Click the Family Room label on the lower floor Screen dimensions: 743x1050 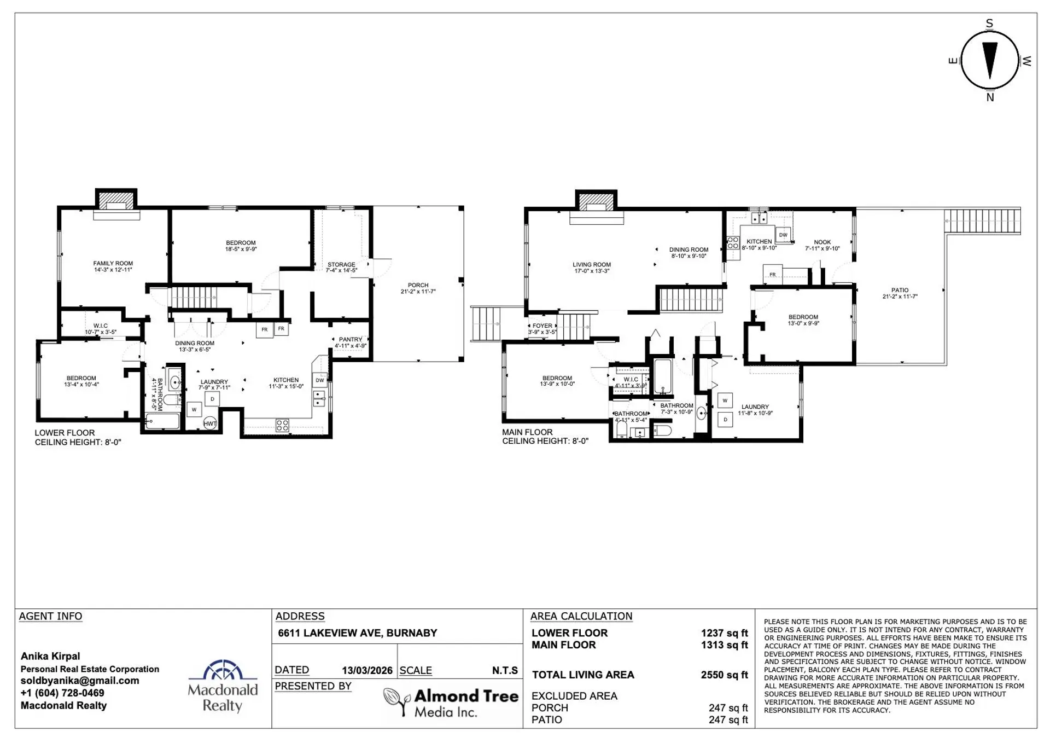point(113,266)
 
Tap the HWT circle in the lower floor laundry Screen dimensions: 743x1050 point(210,423)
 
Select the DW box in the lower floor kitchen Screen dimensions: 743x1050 point(320,380)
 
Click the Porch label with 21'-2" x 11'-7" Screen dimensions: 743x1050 point(418,288)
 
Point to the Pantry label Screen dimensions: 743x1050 point(351,342)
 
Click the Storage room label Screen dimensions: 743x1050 point(341,267)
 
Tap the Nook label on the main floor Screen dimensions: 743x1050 point(822,245)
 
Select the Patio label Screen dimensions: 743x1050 point(900,293)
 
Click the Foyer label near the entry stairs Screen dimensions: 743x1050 point(542,328)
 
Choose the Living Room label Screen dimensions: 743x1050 point(592,268)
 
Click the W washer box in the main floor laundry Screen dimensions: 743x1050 point(725,400)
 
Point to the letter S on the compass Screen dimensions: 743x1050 point(989,24)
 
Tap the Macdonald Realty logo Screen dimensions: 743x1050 point(223,686)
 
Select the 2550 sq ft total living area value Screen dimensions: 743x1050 point(724,675)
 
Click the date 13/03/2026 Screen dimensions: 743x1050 point(367,670)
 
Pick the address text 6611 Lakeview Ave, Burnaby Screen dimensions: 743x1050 point(357,633)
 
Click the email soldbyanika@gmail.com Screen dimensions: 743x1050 point(80,681)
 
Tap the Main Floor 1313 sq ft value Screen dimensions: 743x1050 point(724,645)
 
